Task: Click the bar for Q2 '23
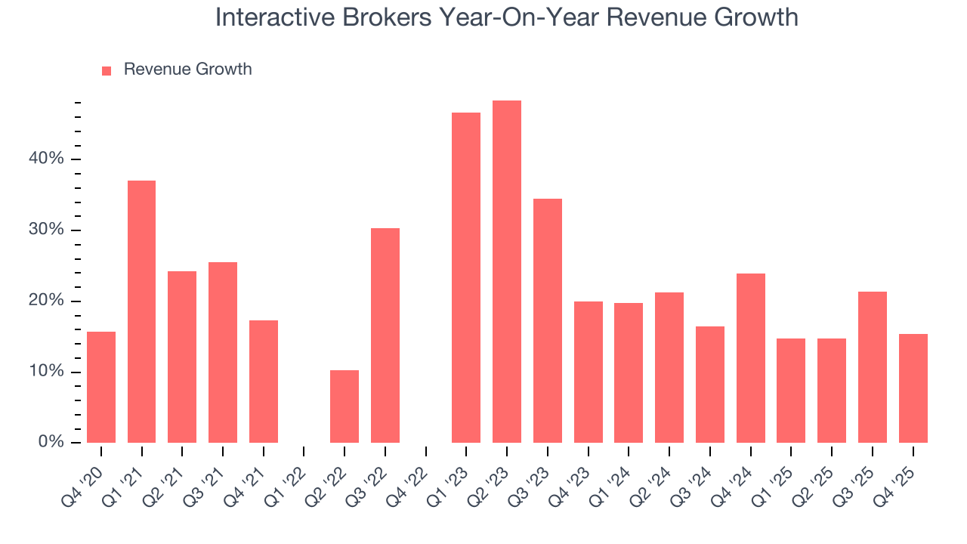click(506, 272)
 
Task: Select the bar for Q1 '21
click(141, 311)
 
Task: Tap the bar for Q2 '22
click(344, 406)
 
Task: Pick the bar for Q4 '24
click(750, 358)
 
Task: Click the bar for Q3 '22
click(385, 335)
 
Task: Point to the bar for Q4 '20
click(101, 387)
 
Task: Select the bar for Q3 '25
click(872, 367)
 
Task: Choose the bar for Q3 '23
click(547, 320)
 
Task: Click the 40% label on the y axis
click(47, 159)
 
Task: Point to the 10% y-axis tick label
click(47, 372)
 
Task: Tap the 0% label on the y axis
click(51, 442)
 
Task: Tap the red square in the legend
click(107, 70)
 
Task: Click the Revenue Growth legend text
click(187, 70)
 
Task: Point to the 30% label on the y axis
click(47, 230)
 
